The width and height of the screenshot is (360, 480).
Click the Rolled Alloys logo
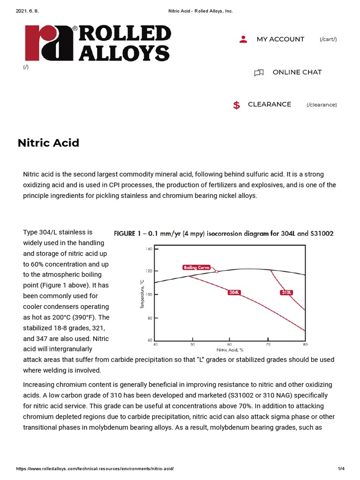(97, 43)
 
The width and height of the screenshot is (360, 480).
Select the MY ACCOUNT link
(280, 39)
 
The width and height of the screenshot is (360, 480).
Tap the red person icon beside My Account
(243, 39)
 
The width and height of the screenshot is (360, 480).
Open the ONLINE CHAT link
(297, 72)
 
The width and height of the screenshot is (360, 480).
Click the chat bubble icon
(259, 73)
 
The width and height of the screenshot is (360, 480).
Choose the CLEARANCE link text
(270, 104)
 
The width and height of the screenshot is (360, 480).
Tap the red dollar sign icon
(237, 105)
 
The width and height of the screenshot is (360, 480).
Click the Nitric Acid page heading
(48, 143)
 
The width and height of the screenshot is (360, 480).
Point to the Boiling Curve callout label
(199, 268)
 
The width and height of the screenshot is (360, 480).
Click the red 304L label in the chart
(234, 292)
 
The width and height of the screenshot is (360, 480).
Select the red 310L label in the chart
(287, 292)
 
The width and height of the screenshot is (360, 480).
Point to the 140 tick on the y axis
(150, 249)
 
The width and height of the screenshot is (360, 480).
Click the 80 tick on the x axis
(305, 345)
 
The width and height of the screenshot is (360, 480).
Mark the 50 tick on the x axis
(193, 345)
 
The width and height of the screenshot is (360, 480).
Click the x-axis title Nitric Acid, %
(230, 350)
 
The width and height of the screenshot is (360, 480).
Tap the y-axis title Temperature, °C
(142, 294)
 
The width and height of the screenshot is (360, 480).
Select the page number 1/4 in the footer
(341, 469)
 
